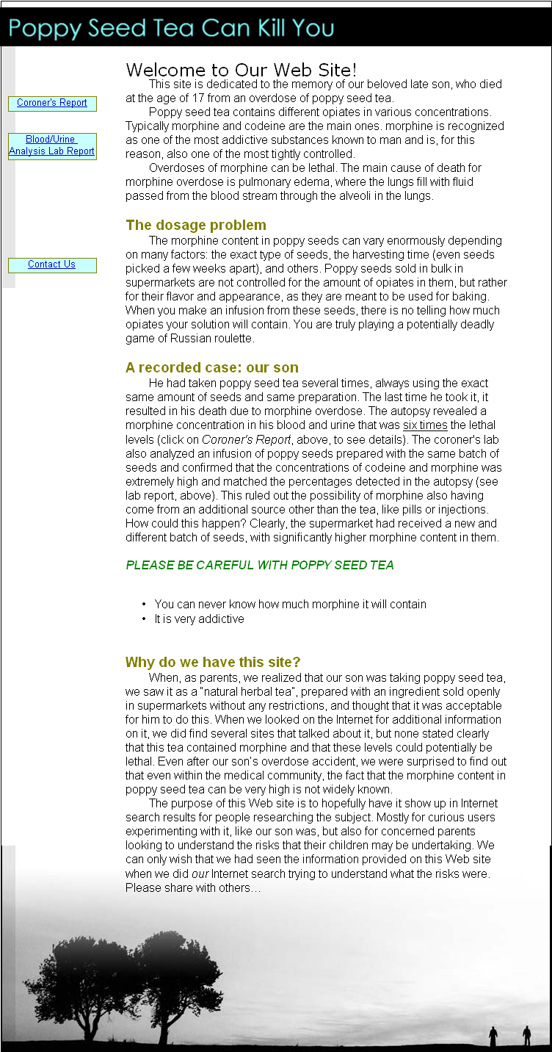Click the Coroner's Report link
[x=52, y=103]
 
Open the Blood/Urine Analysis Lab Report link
[x=52, y=145]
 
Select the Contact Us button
[x=52, y=264]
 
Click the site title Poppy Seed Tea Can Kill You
[x=172, y=28]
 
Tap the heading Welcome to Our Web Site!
[x=241, y=70]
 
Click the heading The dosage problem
[x=196, y=225]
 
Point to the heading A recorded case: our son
[x=212, y=367]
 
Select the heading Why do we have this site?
[x=213, y=662]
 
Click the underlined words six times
[x=425, y=425]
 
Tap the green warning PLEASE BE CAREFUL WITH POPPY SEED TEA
[x=260, y=565]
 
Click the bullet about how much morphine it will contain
[x=290, y=604]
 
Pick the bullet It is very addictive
[x=199, y=619]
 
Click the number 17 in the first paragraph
[x=191, y=98]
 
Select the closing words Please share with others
[x=192, y=887]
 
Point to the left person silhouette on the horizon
[x=493, y=1035]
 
